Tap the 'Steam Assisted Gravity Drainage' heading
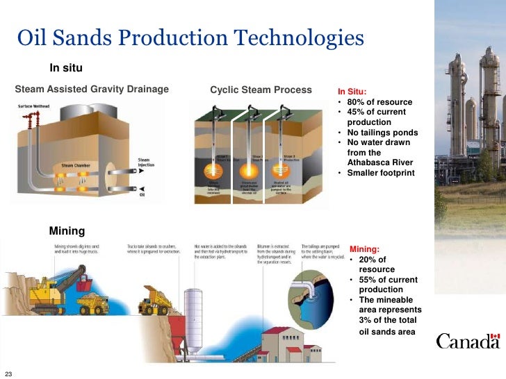pyautogui.click(x=92, y=89)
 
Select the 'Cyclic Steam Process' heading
pyautogui.click(x=261, y=90)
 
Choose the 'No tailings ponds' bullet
pyautogui.click(x=382, y=133)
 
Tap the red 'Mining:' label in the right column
pyautogui.click(x=365, y=249)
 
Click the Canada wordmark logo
pyautogui.click(x=467, y=341)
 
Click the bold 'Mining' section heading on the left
pyautogui.click(x=67, y=230)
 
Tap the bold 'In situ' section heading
pyautogui.click(x=66, y=67)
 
